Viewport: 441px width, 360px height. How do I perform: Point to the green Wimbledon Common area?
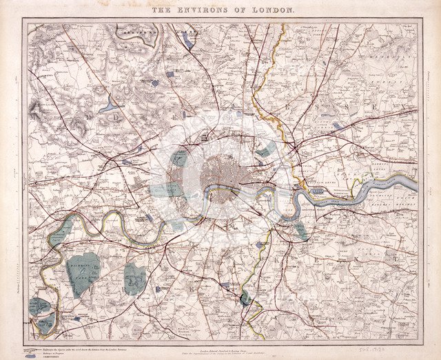[x=134, y=278]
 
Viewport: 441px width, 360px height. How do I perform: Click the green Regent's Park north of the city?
[x=179, y=158]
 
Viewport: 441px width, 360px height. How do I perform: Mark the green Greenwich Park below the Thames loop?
[x=302, y=231]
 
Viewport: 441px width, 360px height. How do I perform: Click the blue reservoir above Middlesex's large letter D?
[x=108, y=105]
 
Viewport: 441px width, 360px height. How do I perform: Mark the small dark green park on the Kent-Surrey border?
[x=245, y=297]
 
